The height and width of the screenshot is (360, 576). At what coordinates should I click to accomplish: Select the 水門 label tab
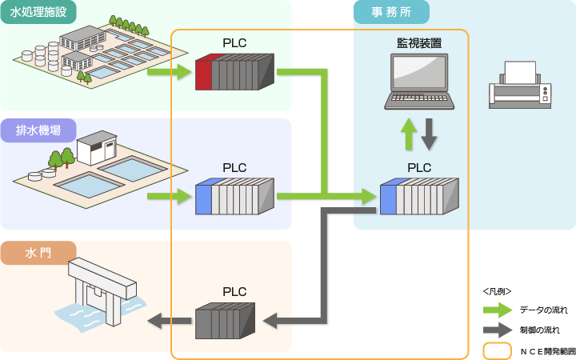(38, 253)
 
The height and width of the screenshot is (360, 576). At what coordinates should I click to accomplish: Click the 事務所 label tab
(391, 11)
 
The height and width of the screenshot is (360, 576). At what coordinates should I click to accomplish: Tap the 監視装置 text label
(420, 42)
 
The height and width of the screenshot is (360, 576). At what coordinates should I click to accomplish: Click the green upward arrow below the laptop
(409, 134)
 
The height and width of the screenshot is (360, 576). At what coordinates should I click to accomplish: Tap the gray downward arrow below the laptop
(430, 134)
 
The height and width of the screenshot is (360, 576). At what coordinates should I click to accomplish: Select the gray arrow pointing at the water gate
(168, 322)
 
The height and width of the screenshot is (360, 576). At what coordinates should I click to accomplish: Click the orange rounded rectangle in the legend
(497, 350)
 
